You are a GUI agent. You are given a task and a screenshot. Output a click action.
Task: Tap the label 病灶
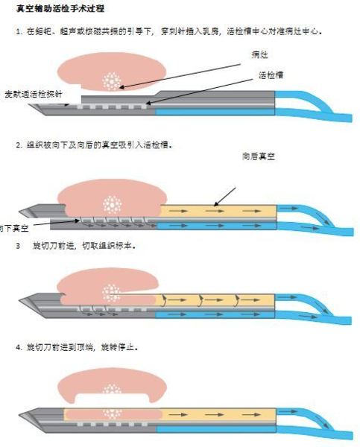(x=259, y=55)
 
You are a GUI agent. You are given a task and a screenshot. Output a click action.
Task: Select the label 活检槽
(x=270, y=74)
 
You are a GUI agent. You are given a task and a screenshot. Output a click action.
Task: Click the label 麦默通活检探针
(x=33, y=95)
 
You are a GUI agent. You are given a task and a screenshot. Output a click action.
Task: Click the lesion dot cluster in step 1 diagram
(x=114, y=80)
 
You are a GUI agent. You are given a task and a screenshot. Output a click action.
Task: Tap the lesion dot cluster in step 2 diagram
(x=113, y=202)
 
